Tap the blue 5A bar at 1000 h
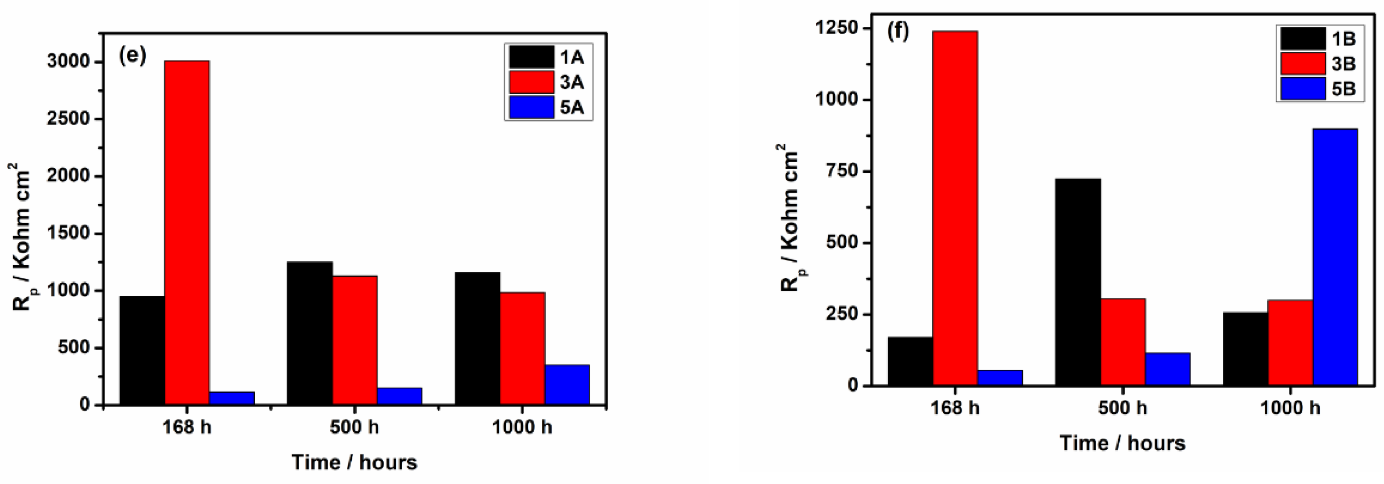(x=567, y=384)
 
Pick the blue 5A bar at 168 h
(x=232, y=398)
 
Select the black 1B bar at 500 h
(x=1078, y=282)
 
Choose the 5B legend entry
(x=1320, y=89)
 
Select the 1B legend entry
(x=1320, y=39)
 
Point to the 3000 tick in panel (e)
(x=68, y=62)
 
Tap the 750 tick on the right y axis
(x=844, y=171)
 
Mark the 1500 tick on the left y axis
(x=68, y=234)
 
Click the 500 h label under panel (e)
(x=354, y=427)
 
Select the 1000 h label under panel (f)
(x=1289, y=408)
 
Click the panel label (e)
(x=132, y=56)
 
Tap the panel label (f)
(x=898, y=32)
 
